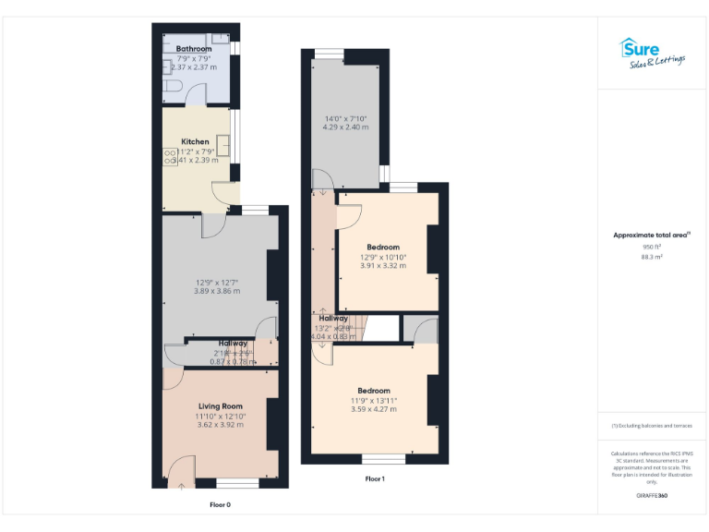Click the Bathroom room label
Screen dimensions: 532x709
[194, 49]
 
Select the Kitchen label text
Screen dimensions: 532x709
[195, 141]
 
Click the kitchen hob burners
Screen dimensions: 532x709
[171, 157]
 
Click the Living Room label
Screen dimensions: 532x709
[220, 405]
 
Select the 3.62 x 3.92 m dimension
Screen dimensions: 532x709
[220, 426]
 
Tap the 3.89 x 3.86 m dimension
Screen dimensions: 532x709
[217, 291]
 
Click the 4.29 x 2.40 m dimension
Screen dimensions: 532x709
[346, 127]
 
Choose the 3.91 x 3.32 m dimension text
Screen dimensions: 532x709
[383, 266]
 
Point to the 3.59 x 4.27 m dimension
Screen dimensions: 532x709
[374, 409]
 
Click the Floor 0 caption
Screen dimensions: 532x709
[219, 504]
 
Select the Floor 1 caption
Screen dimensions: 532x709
[375, 478]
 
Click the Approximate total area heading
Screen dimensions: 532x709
[651, 236]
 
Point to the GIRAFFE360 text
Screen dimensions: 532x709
[651, 496]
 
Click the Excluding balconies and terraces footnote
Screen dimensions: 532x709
[652, 425]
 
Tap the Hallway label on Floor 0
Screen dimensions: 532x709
[233, 344]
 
